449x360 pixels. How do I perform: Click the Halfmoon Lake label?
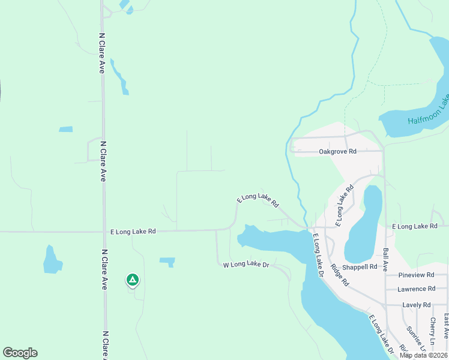pos(428,113)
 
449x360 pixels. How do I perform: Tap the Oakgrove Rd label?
pos(337,152)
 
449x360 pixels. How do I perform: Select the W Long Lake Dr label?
pos(247,265)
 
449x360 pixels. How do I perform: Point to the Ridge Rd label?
pos(339,275)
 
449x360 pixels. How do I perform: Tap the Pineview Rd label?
pos(416,275)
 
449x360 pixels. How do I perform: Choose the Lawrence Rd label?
pos(415,289)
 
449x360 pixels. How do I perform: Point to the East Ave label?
pos(446,325)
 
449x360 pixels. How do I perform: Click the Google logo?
pos(20,353)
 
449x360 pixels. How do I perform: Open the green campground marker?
pos(133,280)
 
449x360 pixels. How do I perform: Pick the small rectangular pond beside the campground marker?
pos(167,262)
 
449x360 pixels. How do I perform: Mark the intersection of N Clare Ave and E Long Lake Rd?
pos(104,231)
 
